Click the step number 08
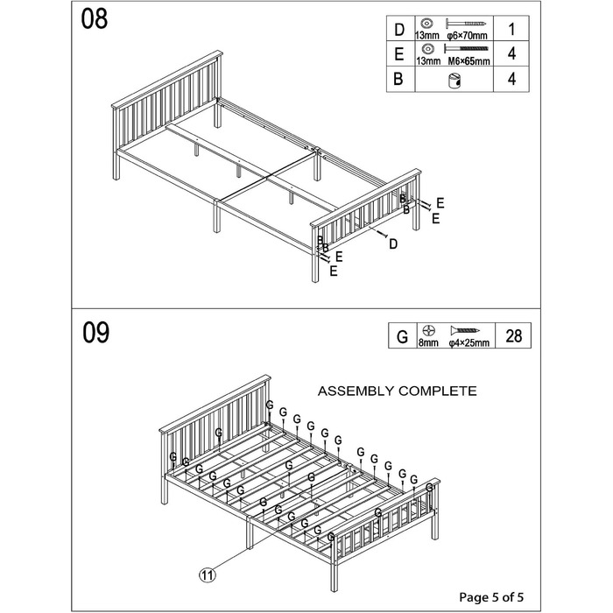95,19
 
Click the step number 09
95,333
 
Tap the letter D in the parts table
399,30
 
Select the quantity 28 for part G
514,335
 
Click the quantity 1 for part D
511,29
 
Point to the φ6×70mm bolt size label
467,36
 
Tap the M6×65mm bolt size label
469,61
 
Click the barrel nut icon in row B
454,80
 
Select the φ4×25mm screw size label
469,343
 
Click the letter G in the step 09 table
402,336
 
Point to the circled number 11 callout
208,575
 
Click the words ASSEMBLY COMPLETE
397,391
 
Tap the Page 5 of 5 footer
491,597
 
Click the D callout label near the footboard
393,244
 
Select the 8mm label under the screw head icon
428,343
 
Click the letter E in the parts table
399,54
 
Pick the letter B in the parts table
398,79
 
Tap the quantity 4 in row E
511,53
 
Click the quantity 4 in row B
511,79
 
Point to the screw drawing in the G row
465,331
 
